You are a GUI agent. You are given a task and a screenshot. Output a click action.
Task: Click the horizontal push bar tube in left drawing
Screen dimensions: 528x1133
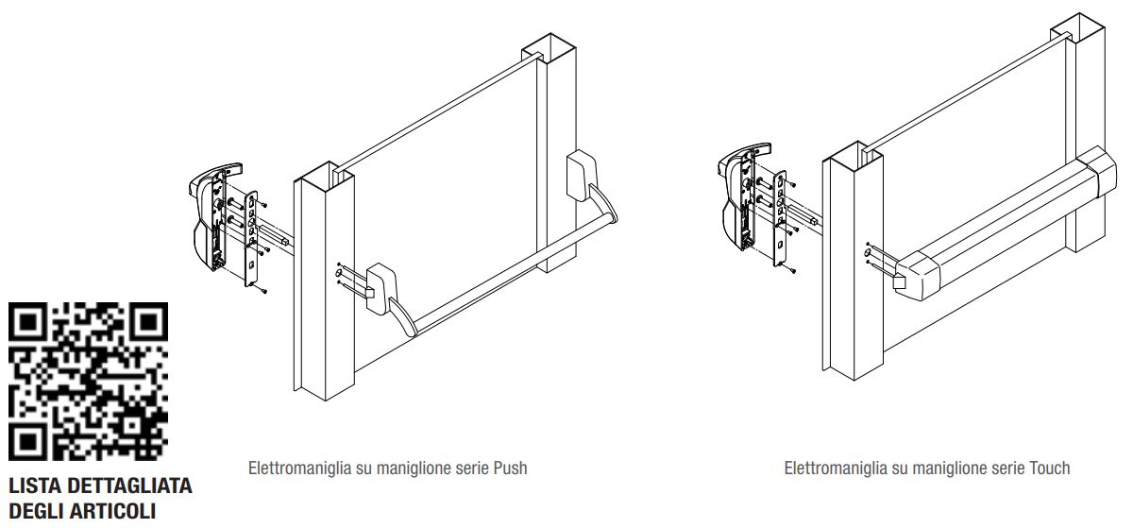(x=510, y=274)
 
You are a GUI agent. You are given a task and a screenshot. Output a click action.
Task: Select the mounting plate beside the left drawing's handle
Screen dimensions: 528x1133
(x=253, y=236)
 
